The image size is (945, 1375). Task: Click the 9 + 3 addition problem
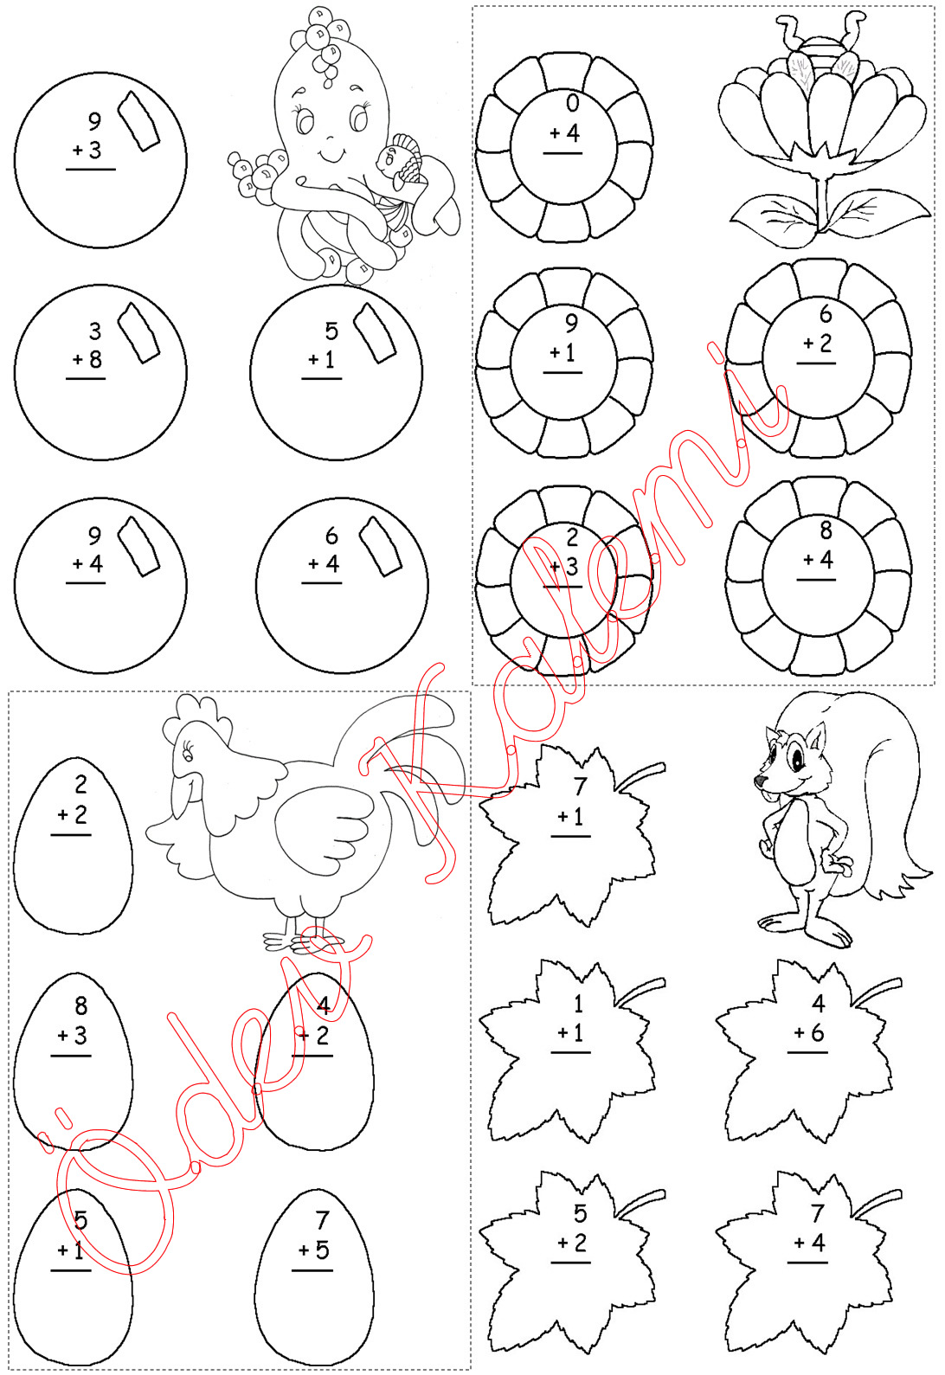(x=90, y=141)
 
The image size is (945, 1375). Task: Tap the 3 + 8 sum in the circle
(x=87, y=350)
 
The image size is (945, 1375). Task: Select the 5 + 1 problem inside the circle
(x=323, y=350)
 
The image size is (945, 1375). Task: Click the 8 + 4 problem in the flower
(x=817, y=549)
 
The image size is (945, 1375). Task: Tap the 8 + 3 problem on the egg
(x=72, y=1026)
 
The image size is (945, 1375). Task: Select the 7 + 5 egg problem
(x=313, y=1240)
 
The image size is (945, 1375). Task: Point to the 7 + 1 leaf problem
(x=570, y=807)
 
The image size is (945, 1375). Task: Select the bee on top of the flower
(x=817, y=50)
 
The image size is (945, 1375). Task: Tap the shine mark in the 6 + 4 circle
(x=380, y=546)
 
